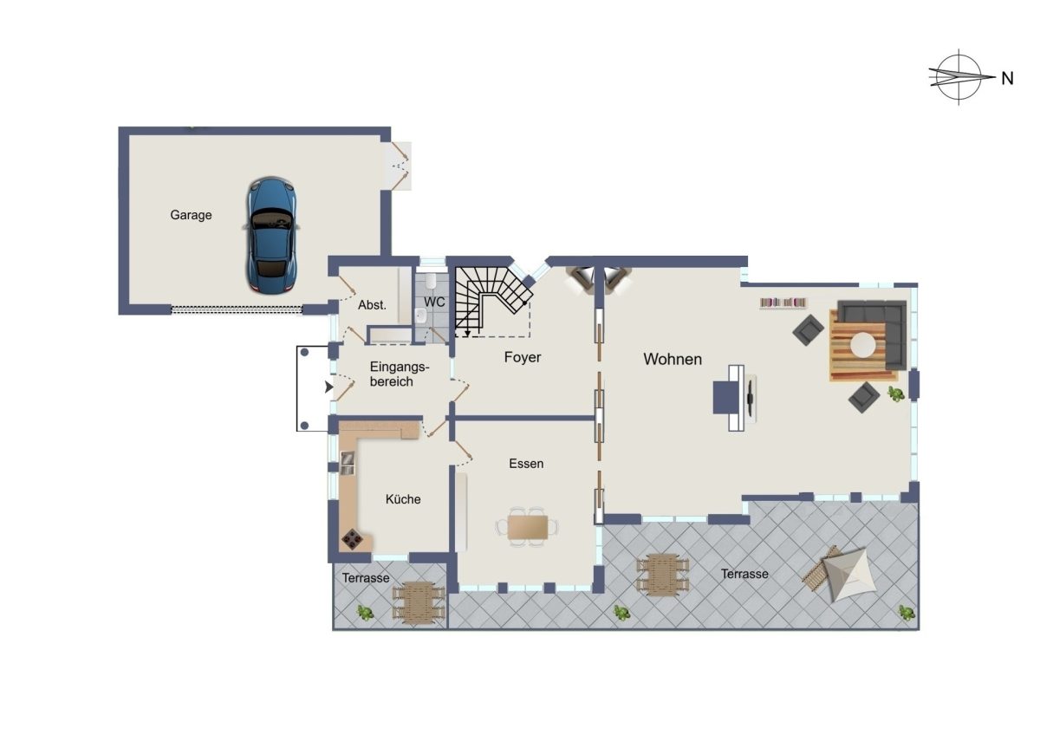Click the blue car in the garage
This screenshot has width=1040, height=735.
pyautogui.click(x=271, y=236)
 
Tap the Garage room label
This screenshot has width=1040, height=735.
pyautogui.click(x=191, y=215)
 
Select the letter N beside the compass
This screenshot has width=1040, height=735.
pyautogui.click(x=1007, y=79)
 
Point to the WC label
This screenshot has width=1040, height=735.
pyautogui.click(x=434, y=302)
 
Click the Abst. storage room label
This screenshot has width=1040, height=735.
pyautogui.click(x=372, y=305)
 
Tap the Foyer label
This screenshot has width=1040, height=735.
pyautogui.click(x=523, y=357)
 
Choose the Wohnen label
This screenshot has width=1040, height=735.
pyautogui.click(x=673, y=359)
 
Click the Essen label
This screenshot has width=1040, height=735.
pyautogui.click(x=526, y=464)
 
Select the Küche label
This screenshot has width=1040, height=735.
pyautogui.click(x=403, y=499)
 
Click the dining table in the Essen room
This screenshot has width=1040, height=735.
pyautogui.click(x=528, y=527)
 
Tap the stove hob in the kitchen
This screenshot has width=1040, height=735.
pyautogui.click(x=353, y=539)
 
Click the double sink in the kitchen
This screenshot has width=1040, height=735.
pyautogui.click(x=347, y=464)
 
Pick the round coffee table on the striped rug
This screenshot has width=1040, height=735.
pyautogui.click(x=863, y=345)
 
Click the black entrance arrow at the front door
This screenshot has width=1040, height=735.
pyautogui.click(x=328, y=387)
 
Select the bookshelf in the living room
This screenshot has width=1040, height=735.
pyautogui.click(x=783, y=302)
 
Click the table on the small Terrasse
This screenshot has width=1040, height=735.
pyautogui.click(x=419, y=602)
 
